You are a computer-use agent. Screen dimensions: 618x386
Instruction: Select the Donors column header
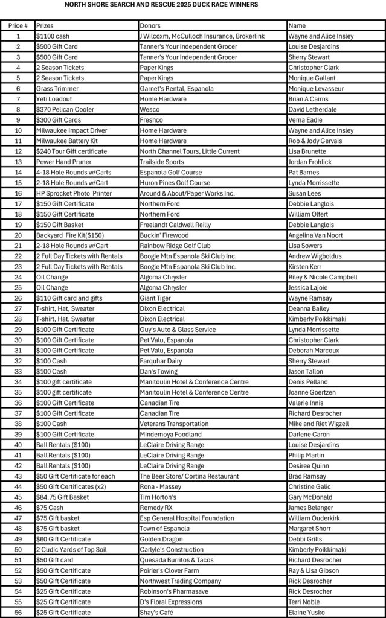pyautogui.click(x=150, y=26)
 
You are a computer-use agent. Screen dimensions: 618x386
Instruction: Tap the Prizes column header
pyautogui.click(x=45, y=26)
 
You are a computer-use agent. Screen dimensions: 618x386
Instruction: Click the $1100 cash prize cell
pyautogui.click(x=53, y=36)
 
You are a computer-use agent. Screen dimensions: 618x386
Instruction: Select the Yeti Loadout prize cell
pyautogui.click(x=54, y=99)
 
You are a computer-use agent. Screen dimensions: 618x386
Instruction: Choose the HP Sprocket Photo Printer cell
pyautogui.click(x=74, y=193)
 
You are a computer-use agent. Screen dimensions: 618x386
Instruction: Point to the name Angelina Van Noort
pyautogui.click(x=320, y=235)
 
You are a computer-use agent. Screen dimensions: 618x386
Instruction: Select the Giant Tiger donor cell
pyautogui.click(x=156, y=298)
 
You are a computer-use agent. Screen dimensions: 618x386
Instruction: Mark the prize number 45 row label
pyautogui.click(x=18, y=497)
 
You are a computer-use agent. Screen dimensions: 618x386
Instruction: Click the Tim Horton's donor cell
pyautogui.click(x=158, y=497)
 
